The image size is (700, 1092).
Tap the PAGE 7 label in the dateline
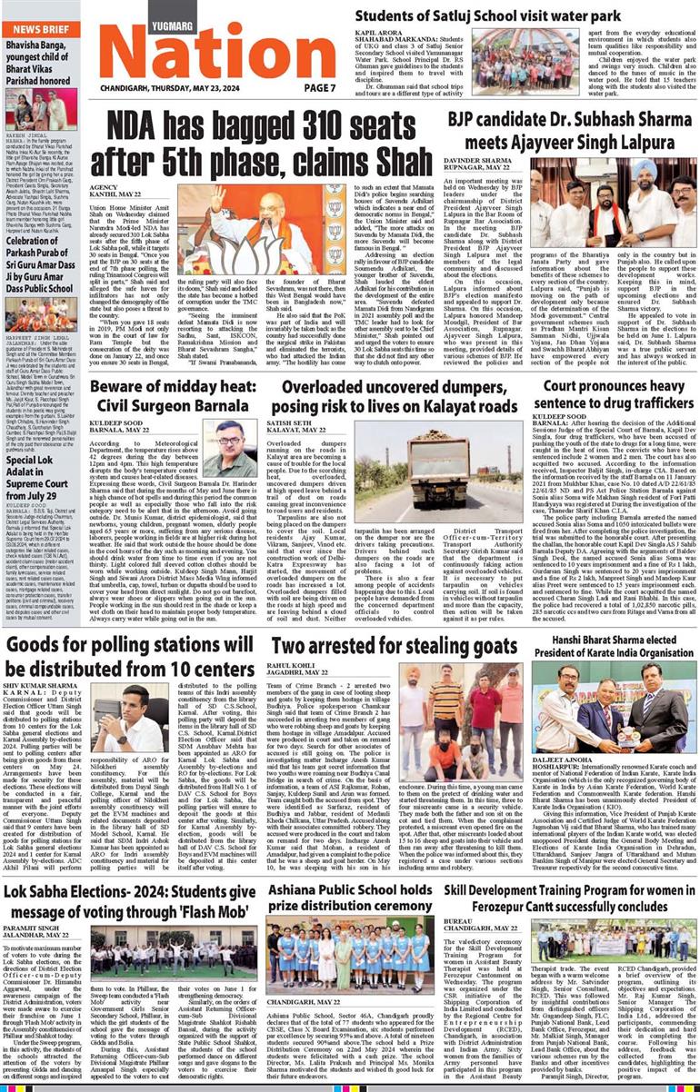point(319,87)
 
